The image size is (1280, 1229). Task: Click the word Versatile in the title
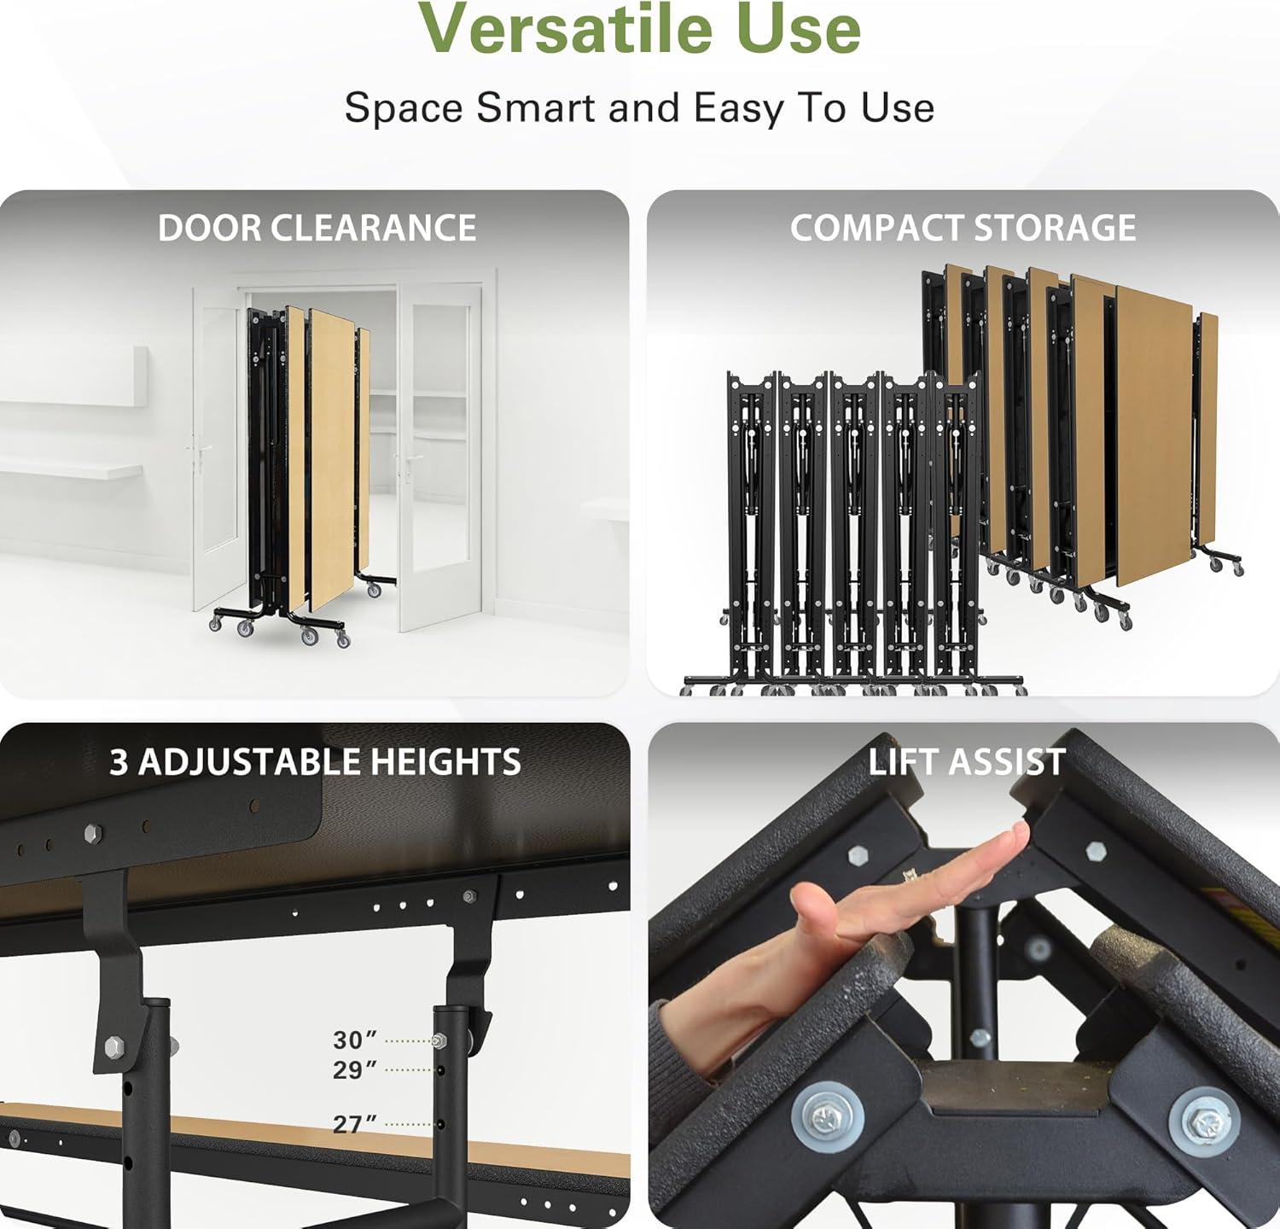[565, 28]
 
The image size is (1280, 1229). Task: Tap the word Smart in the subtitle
[532, 108]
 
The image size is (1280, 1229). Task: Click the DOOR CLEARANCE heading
[317, 228]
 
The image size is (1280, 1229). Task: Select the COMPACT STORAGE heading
[963, 228]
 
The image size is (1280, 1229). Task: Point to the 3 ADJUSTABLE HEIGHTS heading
[315, 762]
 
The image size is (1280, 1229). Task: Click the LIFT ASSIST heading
[967, 761]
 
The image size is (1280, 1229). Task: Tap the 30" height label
[355, 1040]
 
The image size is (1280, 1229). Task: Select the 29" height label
[355, 1069]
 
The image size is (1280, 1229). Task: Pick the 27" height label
[355, 1124]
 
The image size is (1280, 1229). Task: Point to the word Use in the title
[799, 28]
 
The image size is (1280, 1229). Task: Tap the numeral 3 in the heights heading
[119, 762]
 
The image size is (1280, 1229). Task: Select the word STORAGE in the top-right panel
[1055, 228]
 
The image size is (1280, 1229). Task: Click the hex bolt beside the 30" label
[439, 1040]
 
